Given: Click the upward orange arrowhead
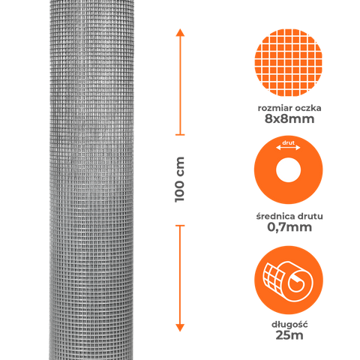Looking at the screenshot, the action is tap(180, 33).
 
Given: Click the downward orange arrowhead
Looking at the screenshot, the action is tap(180, 328).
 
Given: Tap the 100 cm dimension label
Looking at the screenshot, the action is tap(180, 179).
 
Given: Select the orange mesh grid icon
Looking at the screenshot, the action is tap(289, 62).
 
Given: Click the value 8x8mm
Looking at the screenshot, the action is tap(289, 119).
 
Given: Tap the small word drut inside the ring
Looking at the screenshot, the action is tap(288, 142).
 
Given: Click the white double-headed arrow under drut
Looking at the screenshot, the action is tap(288, 148).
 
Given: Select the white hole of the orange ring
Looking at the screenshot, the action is tap(288, 170).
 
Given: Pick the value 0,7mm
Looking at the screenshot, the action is tap(289, 227).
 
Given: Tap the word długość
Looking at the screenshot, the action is tap(289, 325).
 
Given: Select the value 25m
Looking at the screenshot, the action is tap(289, 335).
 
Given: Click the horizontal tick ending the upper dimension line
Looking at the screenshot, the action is tap(180, 135).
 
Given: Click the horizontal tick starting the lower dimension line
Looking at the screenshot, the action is tap(180, 226).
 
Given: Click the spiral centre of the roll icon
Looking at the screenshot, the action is tap(297, 283).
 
